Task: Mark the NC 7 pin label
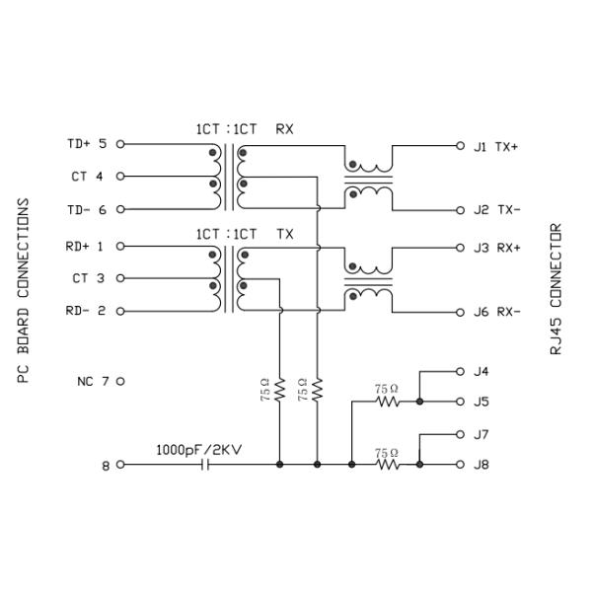pyautogui.click(x=94, y=381)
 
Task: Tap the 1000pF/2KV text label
pyautogui.click(x=198, y=447)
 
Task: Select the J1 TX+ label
pyautogui.click(x=496, y=146)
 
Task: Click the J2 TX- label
pyautogui.click(x=496, y=210)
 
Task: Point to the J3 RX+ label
pyautogui.click(x=496, y=248)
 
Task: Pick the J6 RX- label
pyautogui.click(x=496, y=312)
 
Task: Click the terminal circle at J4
pyautogui.click(x=460, y=372)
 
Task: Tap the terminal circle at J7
pyautogui.click(x=460, y=434)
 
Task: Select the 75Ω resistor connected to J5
pyautogui.click(x=387, y=403)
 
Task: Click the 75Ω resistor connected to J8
pyautogui.click(x=387, y=464)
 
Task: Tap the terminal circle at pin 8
pyautogui.click(x=121, y=464)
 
